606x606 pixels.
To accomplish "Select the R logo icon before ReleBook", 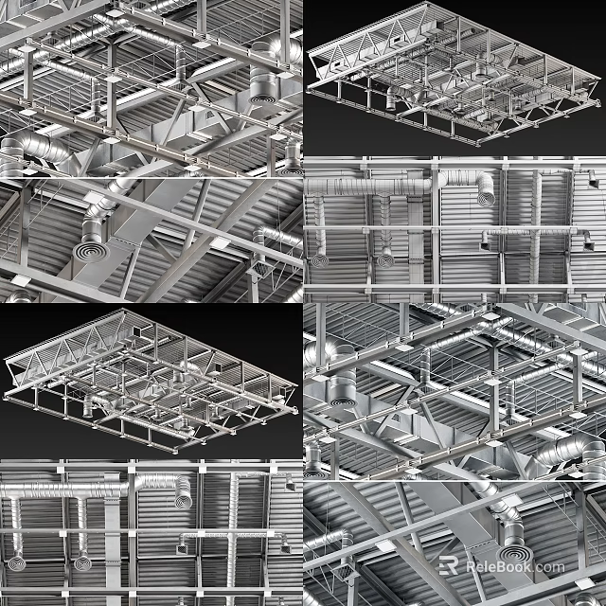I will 451,566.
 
